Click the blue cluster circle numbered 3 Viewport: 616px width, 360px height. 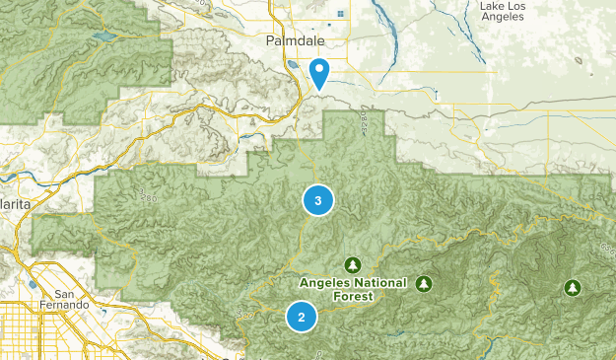(x=317, y=200)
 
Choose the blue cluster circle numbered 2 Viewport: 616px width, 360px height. (x=301, y=317)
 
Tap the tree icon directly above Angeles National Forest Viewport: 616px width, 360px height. (x=352, y=264)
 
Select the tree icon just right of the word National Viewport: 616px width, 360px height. (x=424, y=283)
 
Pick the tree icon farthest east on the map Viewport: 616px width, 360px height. (x=572, y=288)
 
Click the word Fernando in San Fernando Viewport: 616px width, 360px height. (x=67, y=305)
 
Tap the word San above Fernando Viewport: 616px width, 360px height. (x=66, y=293)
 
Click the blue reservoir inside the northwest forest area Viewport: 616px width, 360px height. (x=103, y=39)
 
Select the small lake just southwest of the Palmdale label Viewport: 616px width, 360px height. (x=294, y=68)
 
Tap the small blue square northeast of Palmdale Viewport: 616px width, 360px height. (x=341, y=14)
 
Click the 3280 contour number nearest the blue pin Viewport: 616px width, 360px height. (x=366, y=120)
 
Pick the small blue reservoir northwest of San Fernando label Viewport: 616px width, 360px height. (x=32, y=285)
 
